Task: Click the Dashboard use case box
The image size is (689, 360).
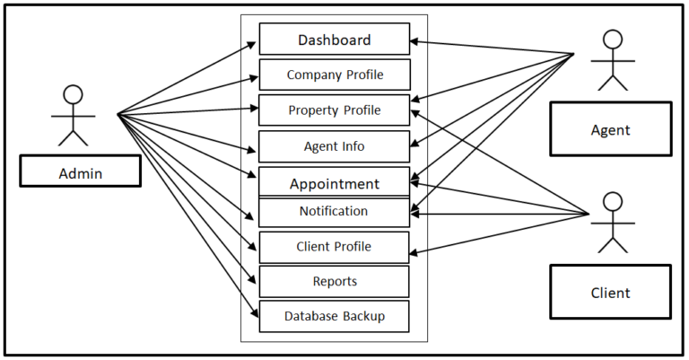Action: (x=334, y=40)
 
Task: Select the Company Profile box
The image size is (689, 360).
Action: (x=334, y=75)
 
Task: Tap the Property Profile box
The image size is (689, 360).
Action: (x=334, y=110)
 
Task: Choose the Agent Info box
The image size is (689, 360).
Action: (x=334, y=146)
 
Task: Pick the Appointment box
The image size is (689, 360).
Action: (x=334, y=182)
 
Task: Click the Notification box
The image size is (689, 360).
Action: (x=334, y=212)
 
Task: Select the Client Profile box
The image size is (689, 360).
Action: (x=334, y=247)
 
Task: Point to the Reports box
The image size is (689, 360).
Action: (x=334, y=281)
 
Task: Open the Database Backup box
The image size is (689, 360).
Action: (x=334, y=316)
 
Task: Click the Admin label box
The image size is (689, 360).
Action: (x=80, y=171)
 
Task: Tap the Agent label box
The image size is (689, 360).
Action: (x=610, y=129)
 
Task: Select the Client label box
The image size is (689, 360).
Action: (x=610, y=292)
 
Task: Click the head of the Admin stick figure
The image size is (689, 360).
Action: (x=73, y=94)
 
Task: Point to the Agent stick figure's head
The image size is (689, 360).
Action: (x=612, y=40)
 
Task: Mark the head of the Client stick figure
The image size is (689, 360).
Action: (x=612, y=201)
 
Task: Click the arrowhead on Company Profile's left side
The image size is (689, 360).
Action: (x=254, y=75)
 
